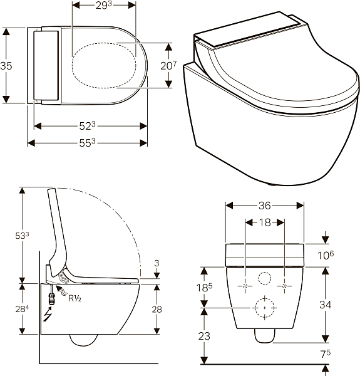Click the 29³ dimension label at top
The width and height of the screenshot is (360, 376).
point(104,5)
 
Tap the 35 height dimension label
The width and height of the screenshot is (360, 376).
point(6,66)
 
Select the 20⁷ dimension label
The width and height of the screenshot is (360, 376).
point(168,65)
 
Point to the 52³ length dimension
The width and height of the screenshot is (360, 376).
point(88,126)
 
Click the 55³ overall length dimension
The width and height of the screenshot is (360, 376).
point(88,143)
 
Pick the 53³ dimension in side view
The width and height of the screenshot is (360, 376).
point(22,236)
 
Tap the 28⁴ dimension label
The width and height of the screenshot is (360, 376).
point(22,309)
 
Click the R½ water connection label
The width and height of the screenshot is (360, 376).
point(75,298)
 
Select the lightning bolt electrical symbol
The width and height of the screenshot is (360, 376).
point(48,315)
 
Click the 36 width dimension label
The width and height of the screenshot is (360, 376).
point(265,206)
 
